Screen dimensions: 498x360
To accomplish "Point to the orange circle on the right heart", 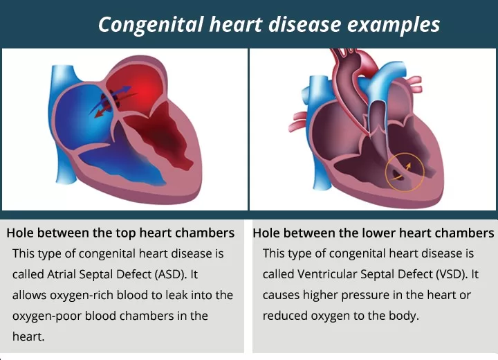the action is click(x=405, y=172).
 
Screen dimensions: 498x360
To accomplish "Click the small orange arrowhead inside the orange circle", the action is click(x=409, y=165).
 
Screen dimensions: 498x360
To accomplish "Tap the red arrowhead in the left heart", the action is click(x=100, y=114).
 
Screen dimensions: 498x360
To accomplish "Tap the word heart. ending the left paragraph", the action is click(x=28, y=336).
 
